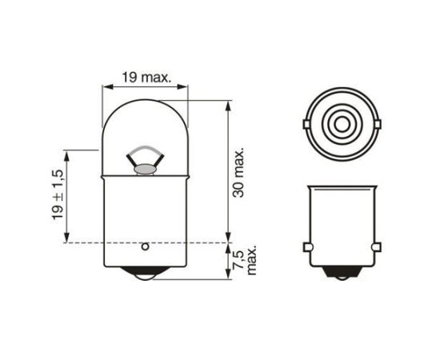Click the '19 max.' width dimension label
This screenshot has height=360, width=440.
coord(144,78)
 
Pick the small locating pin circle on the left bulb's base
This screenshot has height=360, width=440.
coord(145,246)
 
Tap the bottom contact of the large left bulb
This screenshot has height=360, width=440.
coord(145,274)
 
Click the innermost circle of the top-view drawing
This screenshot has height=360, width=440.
coord(342,124)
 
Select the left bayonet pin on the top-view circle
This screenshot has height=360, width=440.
coord(306,124)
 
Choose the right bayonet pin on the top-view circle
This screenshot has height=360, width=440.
coord(377,124)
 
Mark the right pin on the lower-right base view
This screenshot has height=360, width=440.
coord(377,247)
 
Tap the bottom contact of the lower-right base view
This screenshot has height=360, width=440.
coord(342,274)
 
